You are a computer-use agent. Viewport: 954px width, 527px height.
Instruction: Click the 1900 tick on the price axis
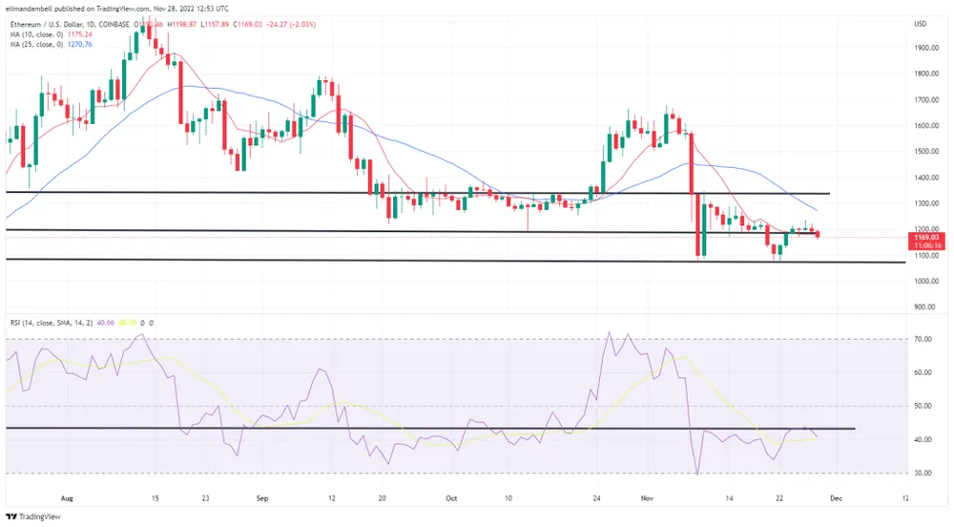(923, 47)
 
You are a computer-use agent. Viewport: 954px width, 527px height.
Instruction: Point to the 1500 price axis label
(923, 151)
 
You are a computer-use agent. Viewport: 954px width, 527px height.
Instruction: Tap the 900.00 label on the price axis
(923, 307)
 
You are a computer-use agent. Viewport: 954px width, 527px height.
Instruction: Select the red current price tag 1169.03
(928, 237)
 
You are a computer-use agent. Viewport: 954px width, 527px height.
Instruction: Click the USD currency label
(921, 24)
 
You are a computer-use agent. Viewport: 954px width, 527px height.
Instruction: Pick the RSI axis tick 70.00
(923, 339)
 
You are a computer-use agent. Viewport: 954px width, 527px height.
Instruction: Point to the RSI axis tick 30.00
(923, 473)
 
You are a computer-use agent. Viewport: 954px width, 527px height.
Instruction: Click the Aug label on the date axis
(66, 498)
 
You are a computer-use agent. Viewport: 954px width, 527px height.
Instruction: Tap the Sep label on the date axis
(264, 498)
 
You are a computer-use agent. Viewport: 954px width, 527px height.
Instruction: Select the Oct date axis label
(452, 498)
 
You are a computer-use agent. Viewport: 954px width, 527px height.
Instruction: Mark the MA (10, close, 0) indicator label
(34, 32)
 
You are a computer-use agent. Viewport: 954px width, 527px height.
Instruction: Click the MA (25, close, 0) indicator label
(34, 43)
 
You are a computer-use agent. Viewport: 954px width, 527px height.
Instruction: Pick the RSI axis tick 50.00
(923, 406)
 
